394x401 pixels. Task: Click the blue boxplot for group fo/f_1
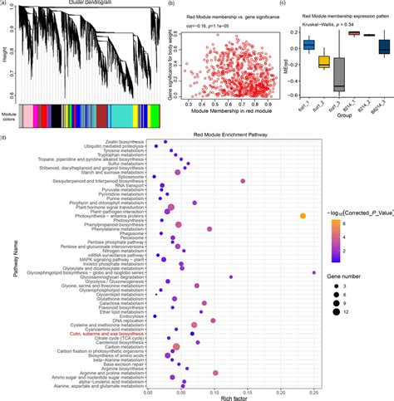(x=308, y=44)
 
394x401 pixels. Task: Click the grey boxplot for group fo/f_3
(x=339, y=76)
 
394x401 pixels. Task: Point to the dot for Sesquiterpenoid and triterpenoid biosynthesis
(x=243, y=180)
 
